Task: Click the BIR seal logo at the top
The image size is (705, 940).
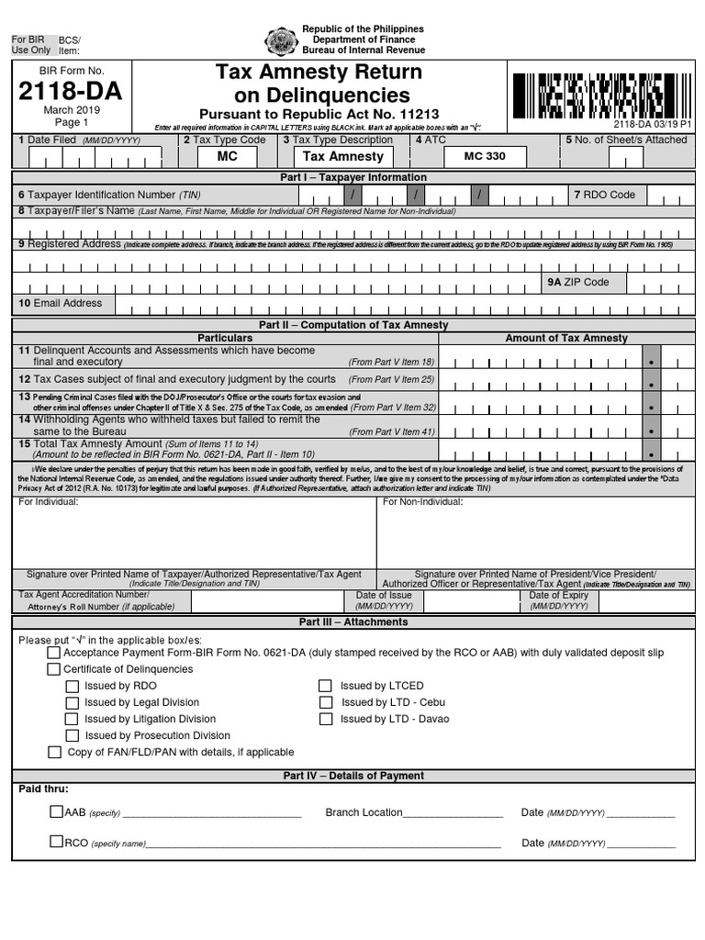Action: (280, 42)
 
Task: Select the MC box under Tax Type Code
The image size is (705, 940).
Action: (227, 157)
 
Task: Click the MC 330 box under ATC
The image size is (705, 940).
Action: (485, 157)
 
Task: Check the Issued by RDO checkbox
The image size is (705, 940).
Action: (72, 686)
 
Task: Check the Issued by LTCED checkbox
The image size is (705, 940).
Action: (325, 686)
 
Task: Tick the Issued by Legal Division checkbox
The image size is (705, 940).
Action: (72, 702)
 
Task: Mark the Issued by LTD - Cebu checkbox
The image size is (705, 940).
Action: (325, 702)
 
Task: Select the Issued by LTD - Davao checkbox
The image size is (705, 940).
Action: (325, 719)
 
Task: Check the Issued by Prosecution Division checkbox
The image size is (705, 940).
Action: (72, 735)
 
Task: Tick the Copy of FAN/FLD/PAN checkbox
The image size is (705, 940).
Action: (55, 752)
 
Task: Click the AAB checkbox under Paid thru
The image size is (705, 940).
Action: (56, 811)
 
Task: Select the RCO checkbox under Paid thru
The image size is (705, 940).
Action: (56, 842)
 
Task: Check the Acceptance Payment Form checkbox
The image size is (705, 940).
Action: (54, 653)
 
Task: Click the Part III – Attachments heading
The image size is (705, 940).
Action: (353, 621)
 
